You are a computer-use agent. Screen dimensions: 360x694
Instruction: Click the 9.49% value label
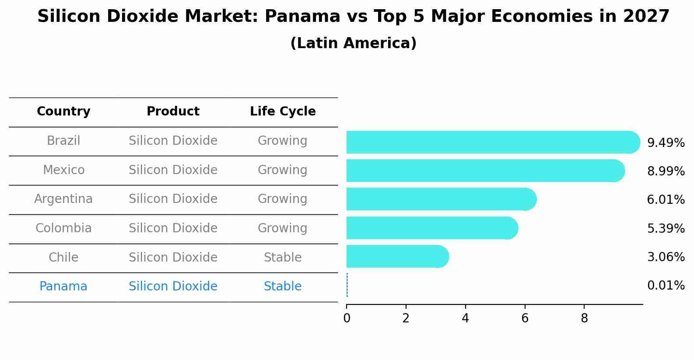[666, 143]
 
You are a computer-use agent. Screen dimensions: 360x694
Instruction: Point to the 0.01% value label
[666, 286]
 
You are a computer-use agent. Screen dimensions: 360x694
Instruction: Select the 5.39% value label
[666, 228]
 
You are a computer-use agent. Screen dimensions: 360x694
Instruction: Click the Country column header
[63, 112]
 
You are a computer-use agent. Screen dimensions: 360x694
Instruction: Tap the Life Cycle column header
[283, 112]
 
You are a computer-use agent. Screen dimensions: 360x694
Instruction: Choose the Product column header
[173, 112]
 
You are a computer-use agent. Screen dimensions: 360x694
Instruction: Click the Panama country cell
[63, 287]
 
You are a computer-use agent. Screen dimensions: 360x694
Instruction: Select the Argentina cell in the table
[63, 199]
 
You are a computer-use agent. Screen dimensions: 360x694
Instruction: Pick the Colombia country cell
[63, 228]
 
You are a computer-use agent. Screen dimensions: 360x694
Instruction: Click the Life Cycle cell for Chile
[283, 258]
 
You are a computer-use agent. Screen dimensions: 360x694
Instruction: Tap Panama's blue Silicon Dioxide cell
[173, 287]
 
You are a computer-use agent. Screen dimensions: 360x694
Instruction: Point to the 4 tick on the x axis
[465, 318]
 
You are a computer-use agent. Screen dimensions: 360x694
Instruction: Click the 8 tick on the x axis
[584, 318]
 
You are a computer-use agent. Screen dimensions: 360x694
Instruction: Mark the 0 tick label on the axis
[347, 318]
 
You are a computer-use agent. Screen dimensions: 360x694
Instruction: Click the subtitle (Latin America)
[353, 43]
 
